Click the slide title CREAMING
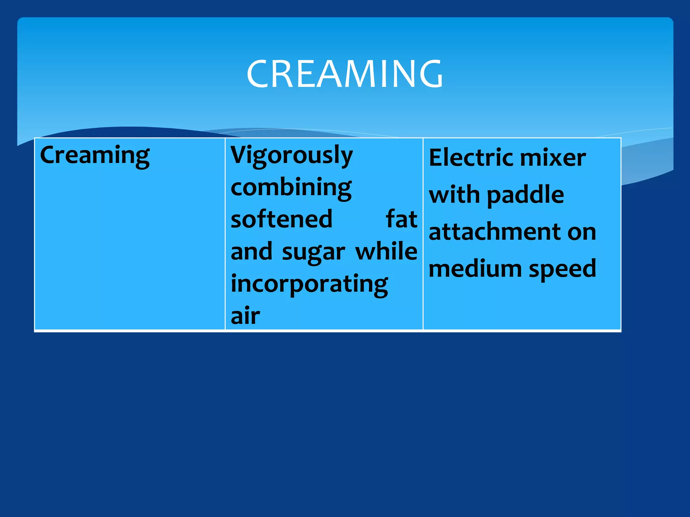tap(345, 74)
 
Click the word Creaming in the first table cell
tap(95, 156)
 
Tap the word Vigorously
tap(291, 156)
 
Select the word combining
tap(291, 187)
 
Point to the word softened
tap(282, 219)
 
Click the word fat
tap(401, 219)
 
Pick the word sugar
tap(313, 252)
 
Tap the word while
tap(386, 251)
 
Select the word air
tap(245, 316)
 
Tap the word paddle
tap(525, 195)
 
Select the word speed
tap(562, 269)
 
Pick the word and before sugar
tap(251, 251)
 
